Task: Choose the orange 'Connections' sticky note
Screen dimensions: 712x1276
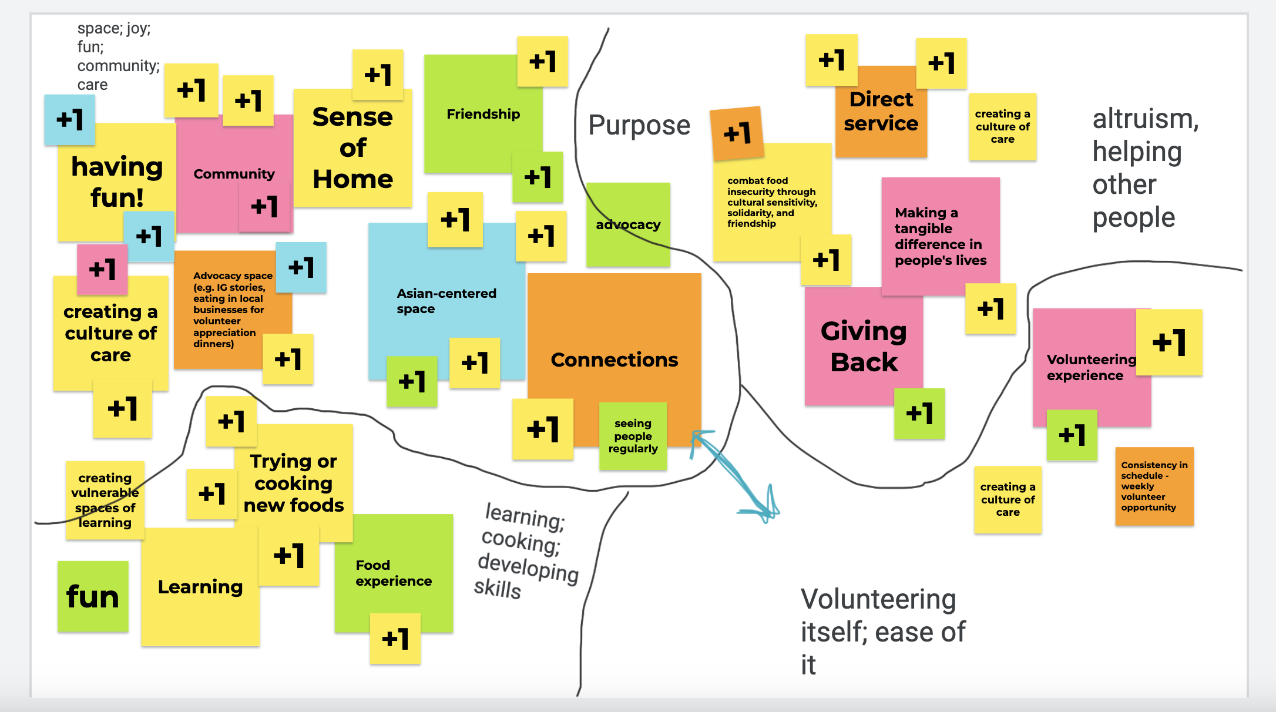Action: (614, 360)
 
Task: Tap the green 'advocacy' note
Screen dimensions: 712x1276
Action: (628, 224)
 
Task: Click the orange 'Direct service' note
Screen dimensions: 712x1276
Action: (881, 112)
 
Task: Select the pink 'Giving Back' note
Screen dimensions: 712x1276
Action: (864, 347)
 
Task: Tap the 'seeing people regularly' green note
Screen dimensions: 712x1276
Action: (633, 436)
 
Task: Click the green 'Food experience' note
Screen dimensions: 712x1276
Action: (394, 573)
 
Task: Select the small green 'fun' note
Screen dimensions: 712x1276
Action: (93, 597)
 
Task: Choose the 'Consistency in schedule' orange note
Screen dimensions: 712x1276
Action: (1154, 486)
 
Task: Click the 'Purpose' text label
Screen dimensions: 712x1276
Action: (639, 125)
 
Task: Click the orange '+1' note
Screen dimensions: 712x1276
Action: (737, 133)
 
